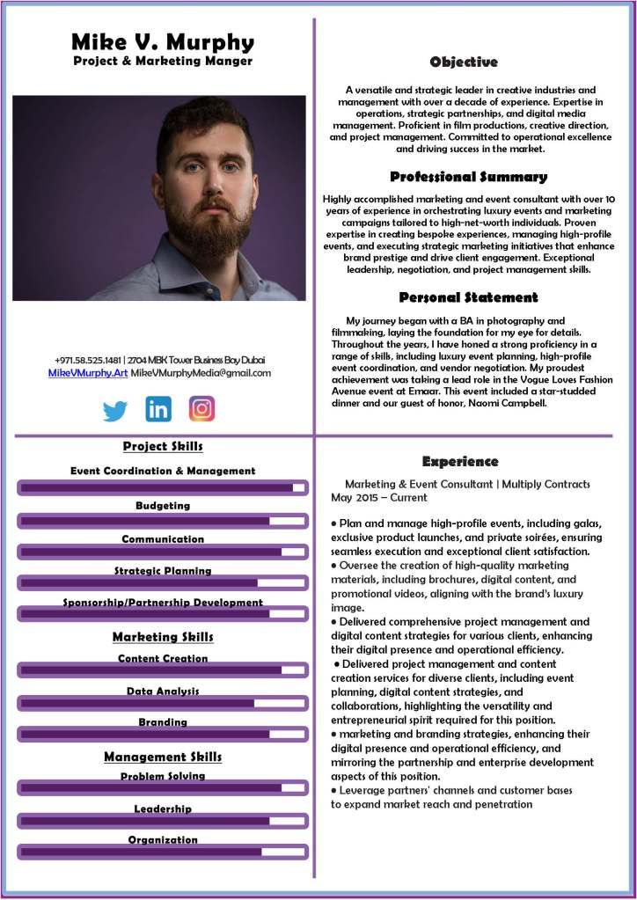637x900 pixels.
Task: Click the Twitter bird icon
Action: click(115, 410)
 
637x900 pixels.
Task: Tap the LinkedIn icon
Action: click(158, 409)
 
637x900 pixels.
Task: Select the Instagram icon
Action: click(201, 409)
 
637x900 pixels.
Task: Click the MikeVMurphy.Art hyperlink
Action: click(88, 373)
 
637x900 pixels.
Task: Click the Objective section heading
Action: click(464, 62)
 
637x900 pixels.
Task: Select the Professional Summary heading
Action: click(468, 177)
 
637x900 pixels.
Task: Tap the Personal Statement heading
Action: click(468, 297)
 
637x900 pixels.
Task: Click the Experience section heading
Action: click(460, 461)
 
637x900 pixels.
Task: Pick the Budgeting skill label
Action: click(163, 506)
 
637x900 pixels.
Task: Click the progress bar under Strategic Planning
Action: click(163, 582)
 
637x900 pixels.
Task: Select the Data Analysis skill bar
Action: click(163, 703)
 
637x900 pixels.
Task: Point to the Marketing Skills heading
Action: click(163, 637)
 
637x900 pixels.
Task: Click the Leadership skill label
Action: click(163, 809)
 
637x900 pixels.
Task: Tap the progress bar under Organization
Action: click(163, 852)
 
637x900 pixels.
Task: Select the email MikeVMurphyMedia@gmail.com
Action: click(201, 373)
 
